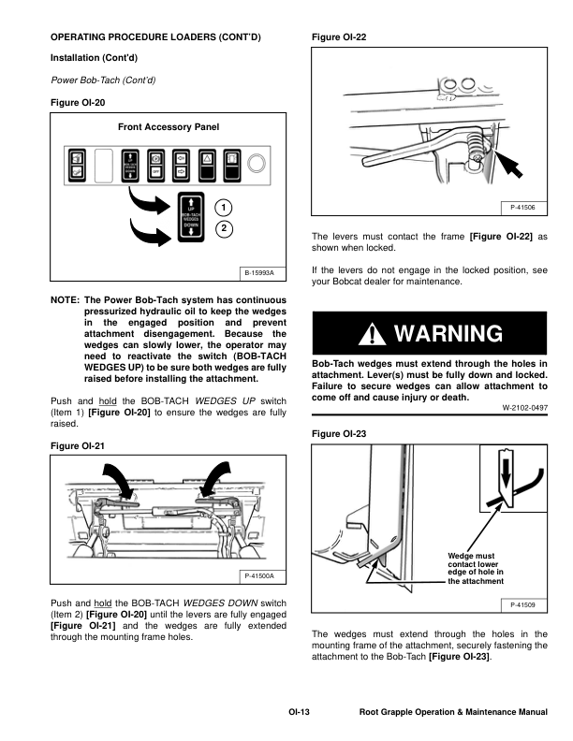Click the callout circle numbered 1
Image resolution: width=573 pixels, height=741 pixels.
click(x=225, y=207)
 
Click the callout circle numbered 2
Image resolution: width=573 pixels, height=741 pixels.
click(x=225, y=228)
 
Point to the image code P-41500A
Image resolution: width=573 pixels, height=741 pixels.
click(x=260, y=575)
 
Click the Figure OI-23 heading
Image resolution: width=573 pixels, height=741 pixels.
click(x=338, y=434)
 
